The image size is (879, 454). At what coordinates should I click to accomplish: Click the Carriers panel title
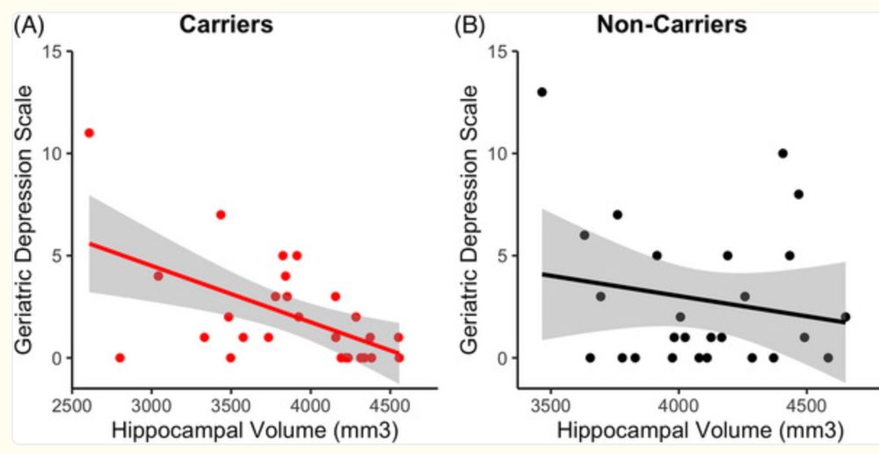point(226,25)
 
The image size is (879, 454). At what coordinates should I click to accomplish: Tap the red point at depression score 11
point(89,133)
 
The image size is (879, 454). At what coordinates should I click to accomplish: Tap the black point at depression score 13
point(541,92)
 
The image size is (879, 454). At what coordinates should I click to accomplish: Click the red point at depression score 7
point(221,215)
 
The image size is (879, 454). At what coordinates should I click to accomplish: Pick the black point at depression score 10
point(782,153)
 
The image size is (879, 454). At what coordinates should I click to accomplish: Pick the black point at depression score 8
point(798,194)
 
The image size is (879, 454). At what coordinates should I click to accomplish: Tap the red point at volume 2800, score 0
point(120,358)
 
